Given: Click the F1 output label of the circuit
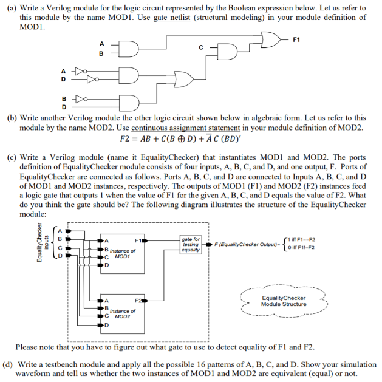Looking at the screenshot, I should [296, 39].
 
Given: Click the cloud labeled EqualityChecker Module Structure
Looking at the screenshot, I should [283, 301].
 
